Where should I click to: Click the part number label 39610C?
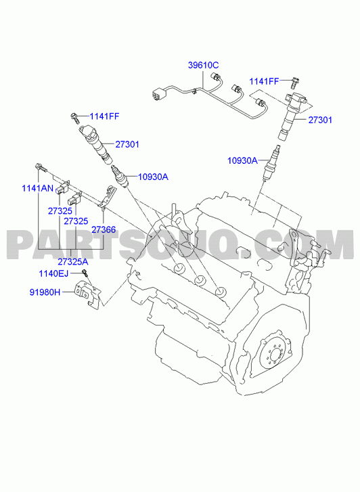click(204, 65)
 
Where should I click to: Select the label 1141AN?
click(38, 188)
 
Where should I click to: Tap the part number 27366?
click(104, 229)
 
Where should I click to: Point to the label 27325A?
click(73, 261)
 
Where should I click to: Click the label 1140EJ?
click(53, 273)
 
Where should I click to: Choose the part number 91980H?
click(45, 292)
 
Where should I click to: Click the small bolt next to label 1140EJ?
click(84, 272)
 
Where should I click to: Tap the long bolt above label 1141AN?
click(41, 168)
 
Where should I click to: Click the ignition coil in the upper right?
click(290, 114)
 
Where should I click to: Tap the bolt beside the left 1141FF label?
click(74, 117)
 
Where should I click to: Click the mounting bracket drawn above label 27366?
click(107, 197)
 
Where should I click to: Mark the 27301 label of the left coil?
click(127, 144)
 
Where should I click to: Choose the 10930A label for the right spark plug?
click(242, 160)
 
